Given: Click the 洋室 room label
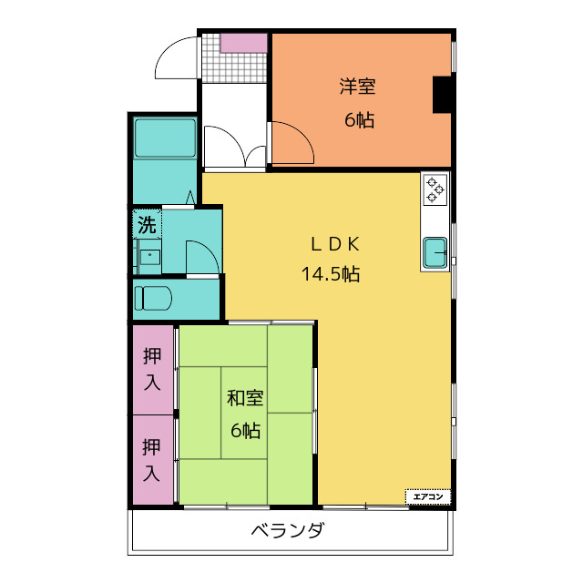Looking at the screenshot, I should point(358,87).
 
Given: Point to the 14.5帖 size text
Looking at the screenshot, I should point(331,273).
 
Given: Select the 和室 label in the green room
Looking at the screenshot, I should point(245,398).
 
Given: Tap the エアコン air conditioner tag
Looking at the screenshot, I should point(428,496).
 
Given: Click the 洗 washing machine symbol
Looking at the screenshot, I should point(147,224).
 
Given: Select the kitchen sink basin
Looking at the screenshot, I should point(435,251).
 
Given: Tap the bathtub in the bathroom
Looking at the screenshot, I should point(165,139).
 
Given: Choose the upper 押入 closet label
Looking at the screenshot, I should point(152,369).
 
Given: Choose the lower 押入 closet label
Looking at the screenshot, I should point(152,459).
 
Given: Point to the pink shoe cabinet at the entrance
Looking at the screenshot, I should point(243,42).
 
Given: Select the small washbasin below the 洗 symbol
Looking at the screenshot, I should point(148,256).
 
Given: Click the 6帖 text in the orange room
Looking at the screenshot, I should point(359,119).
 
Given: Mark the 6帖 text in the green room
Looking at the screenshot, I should point(245,430).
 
